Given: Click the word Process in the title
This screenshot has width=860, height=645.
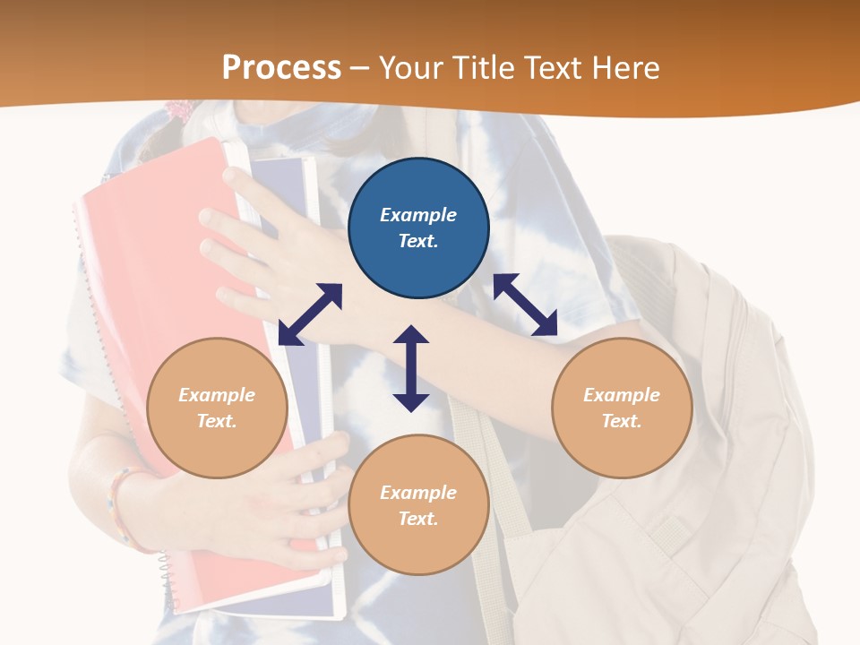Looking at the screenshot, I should click(x=281, y=67).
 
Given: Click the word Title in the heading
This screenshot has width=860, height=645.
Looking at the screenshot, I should click(x=483, y=67).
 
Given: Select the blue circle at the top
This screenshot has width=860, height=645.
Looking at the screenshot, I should click(x=418, y=228).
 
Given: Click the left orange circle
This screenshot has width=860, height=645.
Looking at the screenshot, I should click(x=217, y=408).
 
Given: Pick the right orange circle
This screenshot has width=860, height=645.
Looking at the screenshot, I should click(x=622, y=408).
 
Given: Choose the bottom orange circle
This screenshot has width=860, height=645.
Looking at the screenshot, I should click(x=418, y=505).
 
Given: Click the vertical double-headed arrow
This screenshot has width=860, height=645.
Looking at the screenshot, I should click(x=411, y=368).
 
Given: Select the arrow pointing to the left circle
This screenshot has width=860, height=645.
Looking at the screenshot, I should click(x=310, y=314).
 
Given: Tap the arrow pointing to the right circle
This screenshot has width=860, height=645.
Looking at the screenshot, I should click(x=525, y=305).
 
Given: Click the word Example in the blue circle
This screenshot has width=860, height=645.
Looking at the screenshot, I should click(x=418, y=215).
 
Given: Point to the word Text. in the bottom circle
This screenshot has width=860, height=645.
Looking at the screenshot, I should click(x=418, y=519).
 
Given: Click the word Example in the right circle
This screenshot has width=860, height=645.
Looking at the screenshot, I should click(x=622, y=395).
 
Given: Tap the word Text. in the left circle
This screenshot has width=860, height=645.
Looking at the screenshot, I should click(x=217, y=421).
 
